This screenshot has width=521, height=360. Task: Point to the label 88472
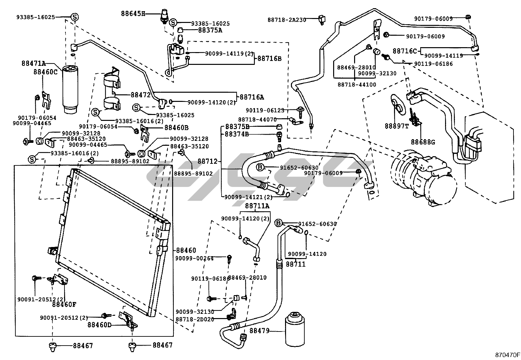pos(140,95)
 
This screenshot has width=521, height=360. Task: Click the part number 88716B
pos(269,59)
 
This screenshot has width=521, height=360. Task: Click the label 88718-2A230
pos(287,20)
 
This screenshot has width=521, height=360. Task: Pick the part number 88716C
pos(405,51)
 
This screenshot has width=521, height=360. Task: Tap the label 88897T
pos(397,126)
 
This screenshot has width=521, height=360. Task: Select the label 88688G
pos(423,142)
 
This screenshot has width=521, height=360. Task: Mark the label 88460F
pos(64,304)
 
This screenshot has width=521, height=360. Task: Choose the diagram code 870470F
pos(507,354)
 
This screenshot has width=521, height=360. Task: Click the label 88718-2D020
pos(195,319)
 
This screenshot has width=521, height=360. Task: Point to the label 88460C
pos(45,71)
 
